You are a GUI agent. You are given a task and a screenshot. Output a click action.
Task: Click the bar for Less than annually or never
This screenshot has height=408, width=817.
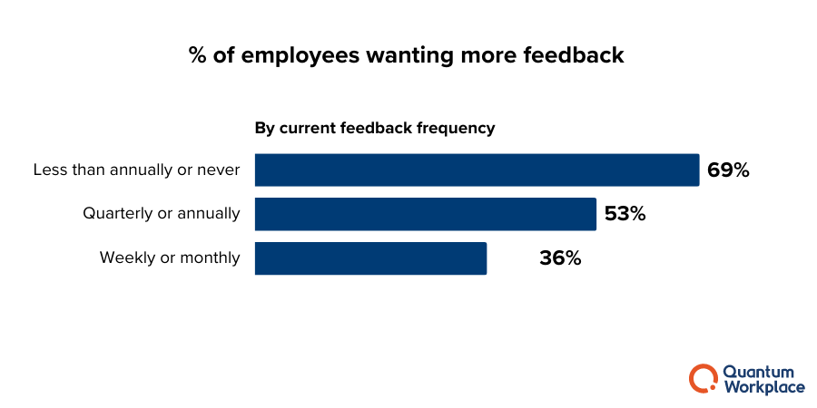click(477, 170)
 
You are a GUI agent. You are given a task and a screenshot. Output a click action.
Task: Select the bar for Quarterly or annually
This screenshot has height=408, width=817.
click(425, 214)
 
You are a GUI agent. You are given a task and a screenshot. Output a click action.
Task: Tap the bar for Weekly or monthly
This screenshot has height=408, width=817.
click(370, 258)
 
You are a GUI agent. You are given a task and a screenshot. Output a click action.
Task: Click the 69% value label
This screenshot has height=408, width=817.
click(728, 170)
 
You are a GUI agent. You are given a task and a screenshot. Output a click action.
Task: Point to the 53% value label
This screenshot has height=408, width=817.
click(625, 214)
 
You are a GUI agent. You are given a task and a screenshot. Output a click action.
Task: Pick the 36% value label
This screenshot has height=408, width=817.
click(560, 258)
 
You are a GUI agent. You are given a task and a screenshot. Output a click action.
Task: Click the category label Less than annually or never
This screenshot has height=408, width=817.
click(136, 170)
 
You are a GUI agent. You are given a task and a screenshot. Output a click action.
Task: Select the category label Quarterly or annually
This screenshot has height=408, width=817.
click(162, 214)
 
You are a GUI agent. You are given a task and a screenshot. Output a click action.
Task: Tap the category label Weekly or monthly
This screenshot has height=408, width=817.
click(170, 258)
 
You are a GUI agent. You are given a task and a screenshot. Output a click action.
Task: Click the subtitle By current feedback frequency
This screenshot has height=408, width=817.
click(374, 128)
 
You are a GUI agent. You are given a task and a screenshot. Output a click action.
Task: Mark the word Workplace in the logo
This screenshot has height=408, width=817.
click(763, 387)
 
